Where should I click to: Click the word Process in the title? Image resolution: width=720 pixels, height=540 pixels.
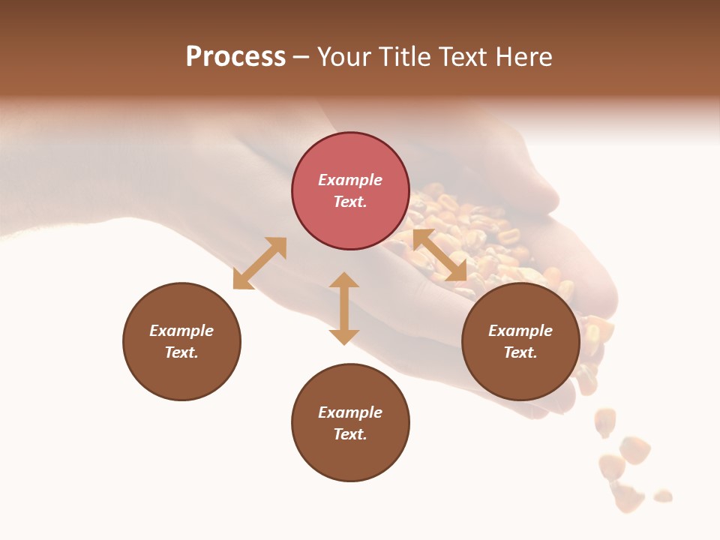[235, 57]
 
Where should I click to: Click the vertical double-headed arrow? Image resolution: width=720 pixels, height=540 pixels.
[344, 308]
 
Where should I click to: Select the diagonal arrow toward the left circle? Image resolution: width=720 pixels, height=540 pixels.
[259, 263]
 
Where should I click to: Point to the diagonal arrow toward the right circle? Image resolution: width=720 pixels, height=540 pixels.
[439, 255]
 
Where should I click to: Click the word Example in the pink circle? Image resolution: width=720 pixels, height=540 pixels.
[350, 180]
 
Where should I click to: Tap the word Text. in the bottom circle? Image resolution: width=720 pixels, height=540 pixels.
[350, 434]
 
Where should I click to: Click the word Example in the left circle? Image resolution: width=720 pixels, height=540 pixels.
[181, 331]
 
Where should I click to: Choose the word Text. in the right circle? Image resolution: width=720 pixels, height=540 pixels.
[520, 352]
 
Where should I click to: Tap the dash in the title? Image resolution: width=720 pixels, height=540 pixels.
[301, 57]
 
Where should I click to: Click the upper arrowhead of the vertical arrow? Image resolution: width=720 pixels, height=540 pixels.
[344, 282]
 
